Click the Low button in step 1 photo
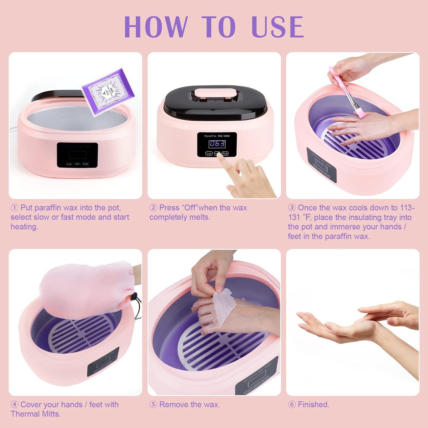point(69,164)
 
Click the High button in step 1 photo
point(86,164)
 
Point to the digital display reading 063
point(217,144)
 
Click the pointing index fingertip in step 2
point(219,156)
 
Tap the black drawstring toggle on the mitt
point(135,296)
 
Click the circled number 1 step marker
point(14,208)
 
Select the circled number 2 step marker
point(153,208)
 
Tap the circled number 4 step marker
point(14,405)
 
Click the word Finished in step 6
point(313,405)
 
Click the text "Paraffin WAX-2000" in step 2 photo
point(217,136)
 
